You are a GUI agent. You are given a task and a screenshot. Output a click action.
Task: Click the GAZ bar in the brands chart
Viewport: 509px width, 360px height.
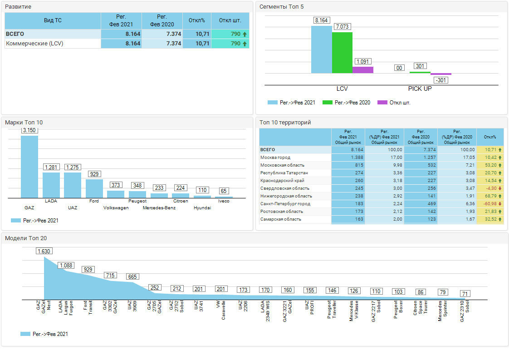[29, 167]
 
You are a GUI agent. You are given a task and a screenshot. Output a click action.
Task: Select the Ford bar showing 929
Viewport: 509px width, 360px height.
[94, 188]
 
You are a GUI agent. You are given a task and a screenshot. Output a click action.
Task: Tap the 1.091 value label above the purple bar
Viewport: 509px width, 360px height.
[363, 62]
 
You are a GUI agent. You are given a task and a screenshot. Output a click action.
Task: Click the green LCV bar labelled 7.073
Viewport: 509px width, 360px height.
[342, 52]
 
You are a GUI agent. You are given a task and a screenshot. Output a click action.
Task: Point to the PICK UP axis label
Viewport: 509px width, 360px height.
[420, 89]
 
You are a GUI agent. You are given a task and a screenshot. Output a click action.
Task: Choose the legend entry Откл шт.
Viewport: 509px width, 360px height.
[395, 103]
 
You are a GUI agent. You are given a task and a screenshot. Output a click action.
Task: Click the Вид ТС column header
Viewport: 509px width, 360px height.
[53, 21]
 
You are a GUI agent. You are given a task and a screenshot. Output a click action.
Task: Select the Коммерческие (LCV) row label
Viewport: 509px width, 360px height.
[34, 44]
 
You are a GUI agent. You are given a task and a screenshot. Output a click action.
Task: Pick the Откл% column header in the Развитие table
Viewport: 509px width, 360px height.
[197, 21]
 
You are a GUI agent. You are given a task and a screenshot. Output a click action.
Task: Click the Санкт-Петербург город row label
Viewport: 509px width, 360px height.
[285, 204]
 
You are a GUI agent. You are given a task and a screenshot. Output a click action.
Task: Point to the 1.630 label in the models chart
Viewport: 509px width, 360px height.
[44, 251]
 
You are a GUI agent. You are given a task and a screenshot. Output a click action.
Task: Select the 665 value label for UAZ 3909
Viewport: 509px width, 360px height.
[132, 277]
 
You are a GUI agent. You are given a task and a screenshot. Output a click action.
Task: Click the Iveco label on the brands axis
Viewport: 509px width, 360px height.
[224, 201]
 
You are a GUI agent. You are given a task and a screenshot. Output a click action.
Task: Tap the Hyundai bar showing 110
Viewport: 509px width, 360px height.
[202, 196]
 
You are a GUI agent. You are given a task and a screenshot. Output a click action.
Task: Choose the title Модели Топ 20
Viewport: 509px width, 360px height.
[26, 238]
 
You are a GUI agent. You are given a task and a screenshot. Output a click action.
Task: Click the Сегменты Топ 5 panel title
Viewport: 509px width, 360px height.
[282, 7]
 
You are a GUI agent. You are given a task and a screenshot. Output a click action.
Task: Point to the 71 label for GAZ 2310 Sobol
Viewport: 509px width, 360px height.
[465, 294]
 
